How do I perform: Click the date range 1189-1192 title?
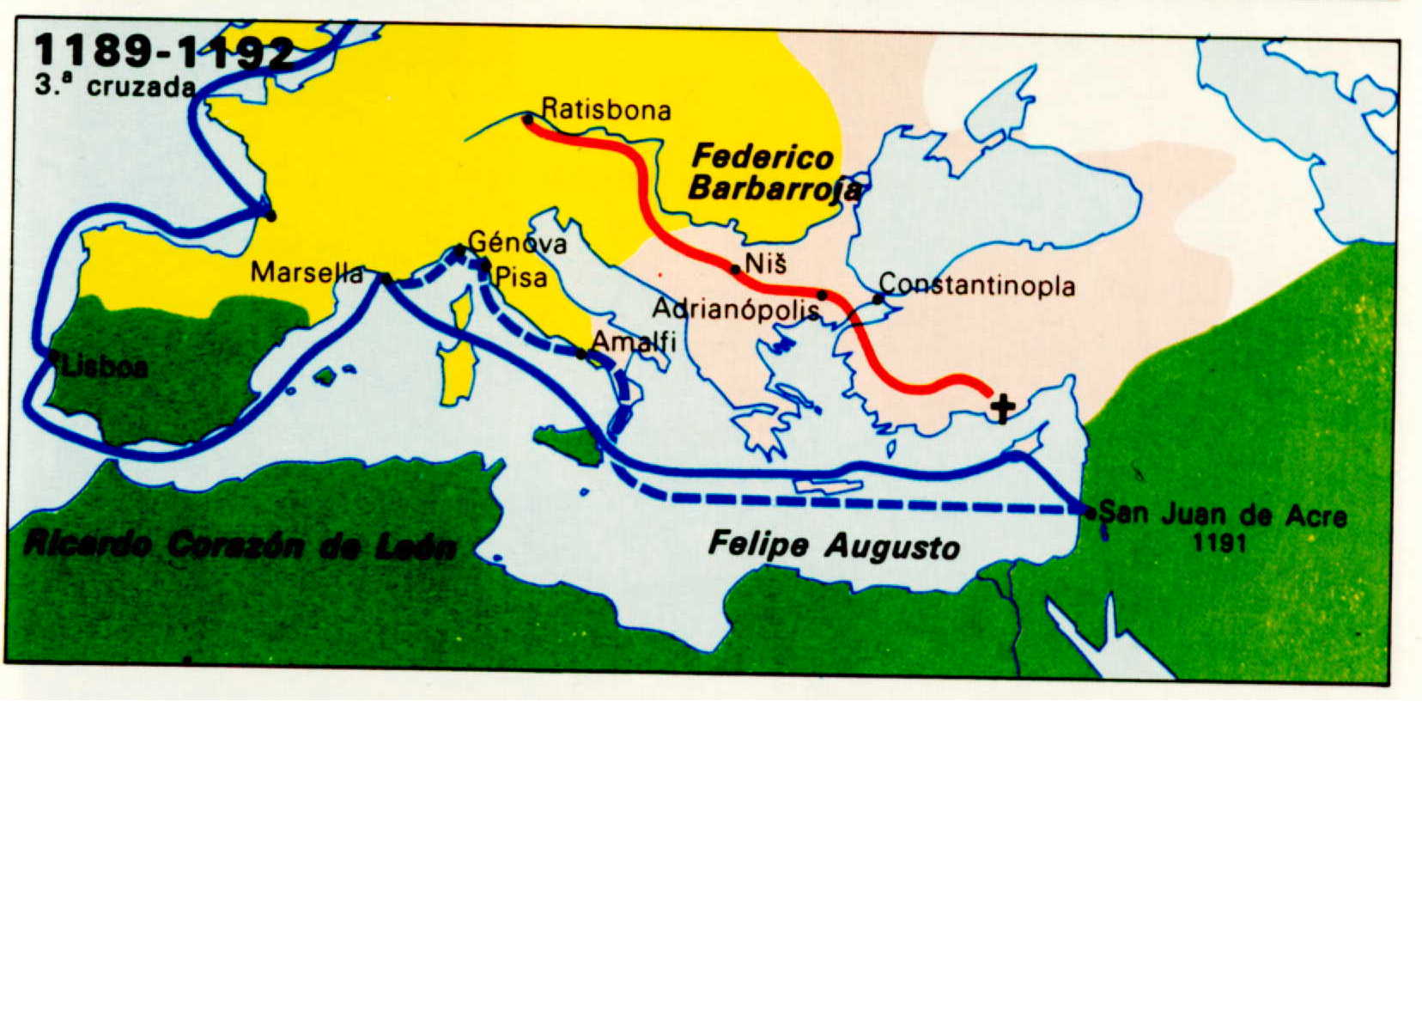coord(163,52)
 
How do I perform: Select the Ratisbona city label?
coord(606,110)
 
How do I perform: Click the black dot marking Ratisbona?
coord(527,118)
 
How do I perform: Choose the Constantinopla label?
coord(976,284)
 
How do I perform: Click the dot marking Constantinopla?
coord(878,299)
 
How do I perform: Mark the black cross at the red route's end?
coord(1001,408)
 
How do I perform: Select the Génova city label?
coord(517,243)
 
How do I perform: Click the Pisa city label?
coord(521,278)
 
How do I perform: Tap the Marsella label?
coord(307,272)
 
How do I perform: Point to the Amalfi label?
coord(635,341)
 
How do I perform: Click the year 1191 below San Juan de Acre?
coord(1219,543)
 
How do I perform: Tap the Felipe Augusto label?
coord(833,546)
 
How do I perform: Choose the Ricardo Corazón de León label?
coord(240,544)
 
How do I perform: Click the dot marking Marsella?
coord(386,278)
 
